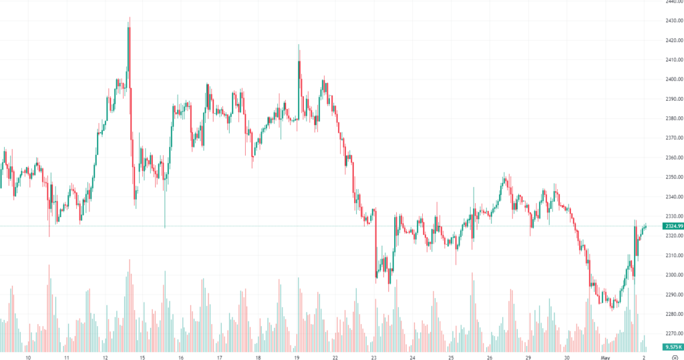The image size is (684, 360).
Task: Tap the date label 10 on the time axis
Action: pos(28,357)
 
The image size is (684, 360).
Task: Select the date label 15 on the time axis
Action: pos(142,357)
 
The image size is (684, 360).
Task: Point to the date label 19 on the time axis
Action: pos(297,357)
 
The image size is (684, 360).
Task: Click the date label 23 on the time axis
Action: pos(374,357)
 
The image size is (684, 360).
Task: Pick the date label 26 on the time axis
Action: pos(490,357)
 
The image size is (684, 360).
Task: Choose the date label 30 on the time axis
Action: pos(567,357)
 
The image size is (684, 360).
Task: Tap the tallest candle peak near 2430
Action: pos(129,19)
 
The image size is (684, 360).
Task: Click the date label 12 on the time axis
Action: pos(105,357)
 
